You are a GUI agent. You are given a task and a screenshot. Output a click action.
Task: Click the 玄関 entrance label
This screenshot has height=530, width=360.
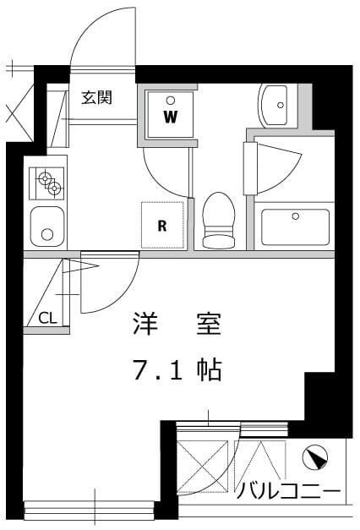click(97, 97)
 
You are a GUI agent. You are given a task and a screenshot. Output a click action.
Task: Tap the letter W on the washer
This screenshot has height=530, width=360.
click(170, 116)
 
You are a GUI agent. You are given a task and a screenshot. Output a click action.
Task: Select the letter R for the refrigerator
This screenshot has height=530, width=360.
click(161, 225)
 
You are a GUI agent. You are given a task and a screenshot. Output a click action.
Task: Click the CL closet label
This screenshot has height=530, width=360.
click(47, 318)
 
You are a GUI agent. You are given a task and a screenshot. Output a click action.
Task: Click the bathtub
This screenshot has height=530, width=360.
click(295, 226)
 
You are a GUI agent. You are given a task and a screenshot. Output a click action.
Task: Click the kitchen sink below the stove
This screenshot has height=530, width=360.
click(47, 226)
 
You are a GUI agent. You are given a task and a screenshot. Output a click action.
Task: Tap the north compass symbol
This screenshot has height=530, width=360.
click(314, 458)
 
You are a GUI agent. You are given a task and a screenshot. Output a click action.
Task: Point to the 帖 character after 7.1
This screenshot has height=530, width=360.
click(209, 369)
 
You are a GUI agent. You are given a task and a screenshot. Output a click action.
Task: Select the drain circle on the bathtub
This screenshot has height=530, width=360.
click(295, 216)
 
